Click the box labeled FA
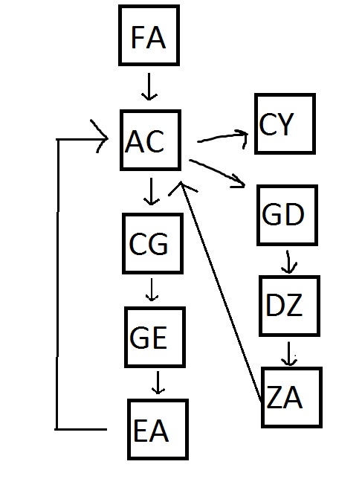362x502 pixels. click(149, 35)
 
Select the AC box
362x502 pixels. click(150, 141)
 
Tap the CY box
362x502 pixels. click(285, 124)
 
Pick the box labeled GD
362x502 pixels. click(287, 215)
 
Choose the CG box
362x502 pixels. click(152, 244)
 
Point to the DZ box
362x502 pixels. click(289, 306)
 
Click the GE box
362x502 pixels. click(155, 337)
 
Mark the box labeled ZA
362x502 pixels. click(291, 397)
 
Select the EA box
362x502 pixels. click(158, 429)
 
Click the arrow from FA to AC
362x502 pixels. click(149, 86)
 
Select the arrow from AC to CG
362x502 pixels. click(151, 191)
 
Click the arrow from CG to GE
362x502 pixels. click(152, 289)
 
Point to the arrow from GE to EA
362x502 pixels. click(158, 382)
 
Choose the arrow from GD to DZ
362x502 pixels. click(288, 262)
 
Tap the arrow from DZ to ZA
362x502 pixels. click(289, 354)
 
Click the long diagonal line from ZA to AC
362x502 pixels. click(221, 292)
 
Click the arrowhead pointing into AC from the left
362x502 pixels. click(100, 136)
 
